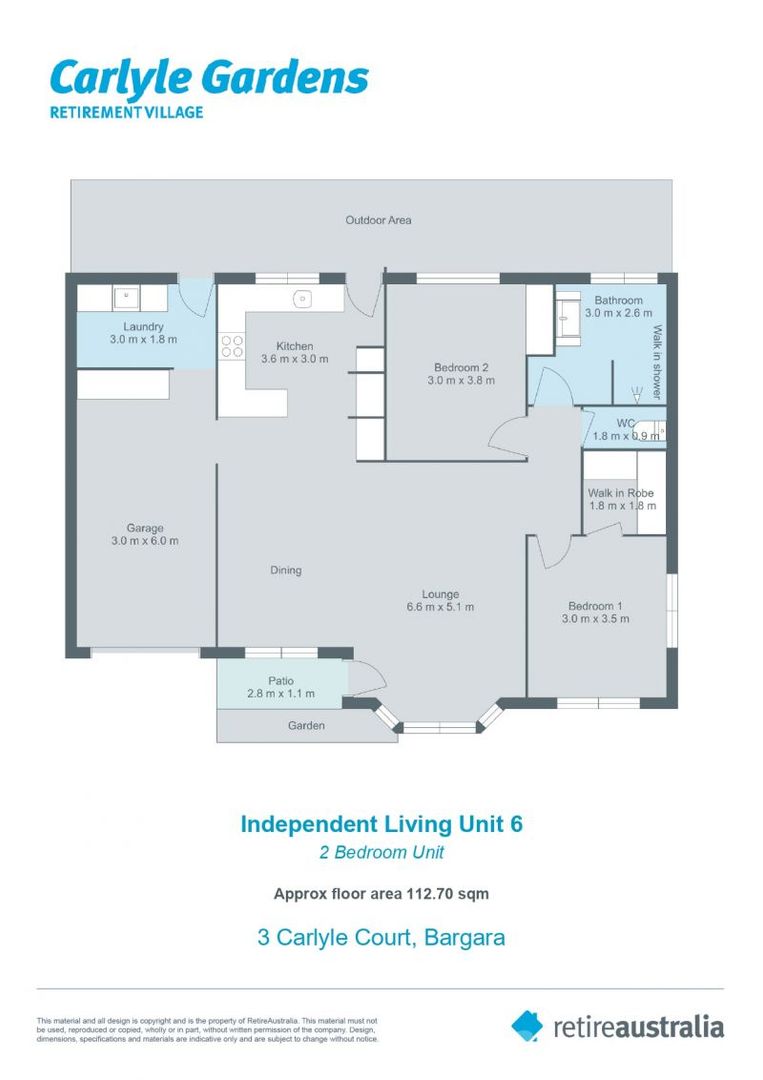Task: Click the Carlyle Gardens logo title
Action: pos(209,78)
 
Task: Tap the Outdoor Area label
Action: pos(378,220)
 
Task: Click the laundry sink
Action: pos(126,298)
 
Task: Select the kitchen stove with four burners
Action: pos(232,346)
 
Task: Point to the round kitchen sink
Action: pos(302,299)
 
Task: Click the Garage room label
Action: pos(145,528)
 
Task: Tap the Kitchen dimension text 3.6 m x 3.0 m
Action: pos(295,359)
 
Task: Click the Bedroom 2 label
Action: pos(461,368)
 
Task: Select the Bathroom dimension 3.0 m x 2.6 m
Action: pos(618,313)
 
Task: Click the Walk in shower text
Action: pos(657,362)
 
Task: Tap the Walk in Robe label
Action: pos(620,493)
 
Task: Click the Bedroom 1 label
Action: pos(595,606)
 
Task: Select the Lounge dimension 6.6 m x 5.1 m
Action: pos(440,607)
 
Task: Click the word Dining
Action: pos(286,570)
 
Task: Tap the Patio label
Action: pos(281,681)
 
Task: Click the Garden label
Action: pos(306,725)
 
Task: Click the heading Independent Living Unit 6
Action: pos(382,824)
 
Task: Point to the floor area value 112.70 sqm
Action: pos(448,894)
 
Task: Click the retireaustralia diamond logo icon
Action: pos(527,1026)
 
